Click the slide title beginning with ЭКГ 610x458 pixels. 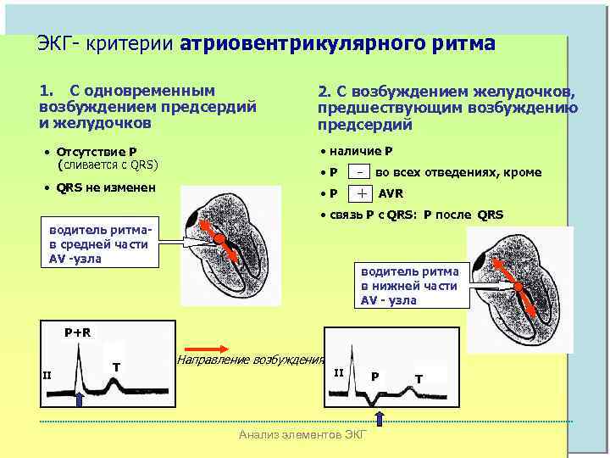click(x=266, y=44)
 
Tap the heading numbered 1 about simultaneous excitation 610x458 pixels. click(x=147, y=106)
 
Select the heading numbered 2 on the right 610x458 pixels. click(x=447, y=108)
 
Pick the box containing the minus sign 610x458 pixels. click(x=362, y=171)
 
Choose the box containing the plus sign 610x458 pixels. click(x=362, y=193)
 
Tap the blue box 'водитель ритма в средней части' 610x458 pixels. click(x=99, y=244)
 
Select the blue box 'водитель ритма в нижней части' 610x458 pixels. click(x=410, y=286)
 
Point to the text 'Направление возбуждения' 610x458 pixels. click(x=250, y=360)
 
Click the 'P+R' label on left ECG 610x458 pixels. click(x=78, y=332)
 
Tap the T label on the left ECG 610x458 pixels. click(x=115, y=366)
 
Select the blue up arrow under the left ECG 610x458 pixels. click(x=79, y=399)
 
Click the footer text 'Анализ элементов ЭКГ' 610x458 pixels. click(x=303, y=435)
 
